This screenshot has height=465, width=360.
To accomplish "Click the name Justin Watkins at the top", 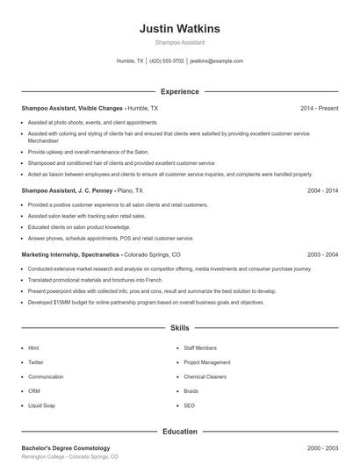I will coord(179,29).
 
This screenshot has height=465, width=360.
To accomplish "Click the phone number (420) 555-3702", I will coord(167,61).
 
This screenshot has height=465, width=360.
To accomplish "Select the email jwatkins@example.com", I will coord(216,61).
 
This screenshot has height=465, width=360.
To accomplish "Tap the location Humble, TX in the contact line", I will coord(130,61).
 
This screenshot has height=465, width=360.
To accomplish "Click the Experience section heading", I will coord(179,91).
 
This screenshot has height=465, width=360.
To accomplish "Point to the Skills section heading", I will coord(179,328).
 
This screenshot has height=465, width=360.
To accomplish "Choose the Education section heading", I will coord(179,432).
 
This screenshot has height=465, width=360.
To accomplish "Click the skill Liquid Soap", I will coord(41,405).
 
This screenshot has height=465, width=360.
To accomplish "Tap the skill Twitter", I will coord(36,362).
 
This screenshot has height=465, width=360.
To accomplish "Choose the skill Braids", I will coord(191,391).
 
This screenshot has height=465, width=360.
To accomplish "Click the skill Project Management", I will coord(207,362).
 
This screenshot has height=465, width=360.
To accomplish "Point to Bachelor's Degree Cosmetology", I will coord(66,448).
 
